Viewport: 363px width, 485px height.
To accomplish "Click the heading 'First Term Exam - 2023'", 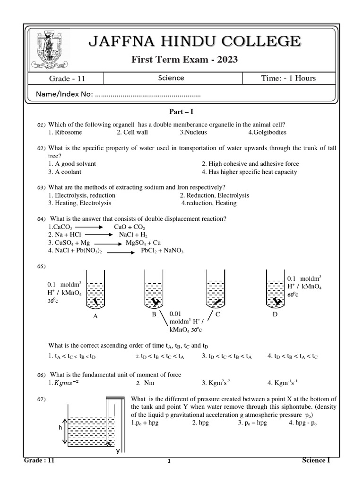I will (x=184, y=59).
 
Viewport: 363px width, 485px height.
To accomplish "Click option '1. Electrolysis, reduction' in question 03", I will (x=82, y=195).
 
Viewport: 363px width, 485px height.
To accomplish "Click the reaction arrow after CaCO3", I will (x=89, y=227).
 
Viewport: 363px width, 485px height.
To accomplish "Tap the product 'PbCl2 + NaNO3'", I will (x=162, y=251).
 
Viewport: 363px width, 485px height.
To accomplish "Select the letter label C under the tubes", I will (x=218, y=314).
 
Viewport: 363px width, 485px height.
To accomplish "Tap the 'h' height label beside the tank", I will (x=60, y=427).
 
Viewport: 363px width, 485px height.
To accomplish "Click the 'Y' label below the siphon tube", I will (x=118, y=451).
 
